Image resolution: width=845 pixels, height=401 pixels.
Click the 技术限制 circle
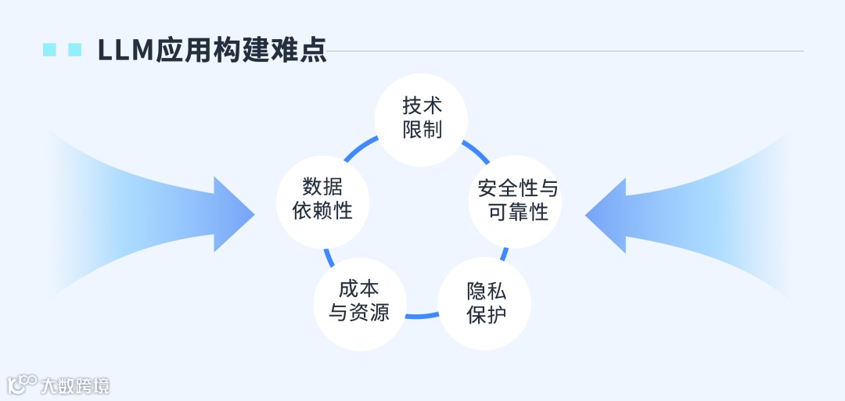tap(422, 118)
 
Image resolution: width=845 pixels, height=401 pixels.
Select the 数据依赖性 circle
tap(323, 199)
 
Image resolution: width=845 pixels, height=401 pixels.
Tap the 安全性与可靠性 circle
tap(517, 200)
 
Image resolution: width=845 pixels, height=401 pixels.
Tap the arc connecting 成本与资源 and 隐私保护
tap(422, 316)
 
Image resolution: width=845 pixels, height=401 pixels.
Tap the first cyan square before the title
tap(49, 50)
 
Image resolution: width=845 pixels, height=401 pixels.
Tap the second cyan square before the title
tap(75, 50)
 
